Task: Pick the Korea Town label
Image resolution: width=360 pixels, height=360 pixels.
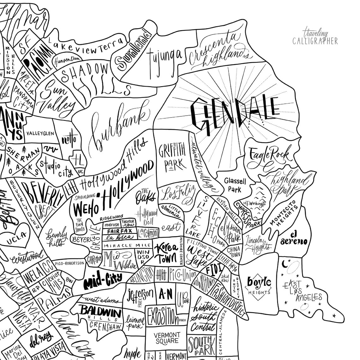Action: [165, 253]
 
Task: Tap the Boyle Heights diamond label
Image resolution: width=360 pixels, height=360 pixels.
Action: [259, 284]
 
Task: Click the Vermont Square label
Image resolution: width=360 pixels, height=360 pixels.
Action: [167, 338]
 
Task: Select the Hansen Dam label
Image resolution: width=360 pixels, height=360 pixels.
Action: [67, 60]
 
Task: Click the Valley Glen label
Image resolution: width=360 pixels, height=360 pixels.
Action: [40, 133]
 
